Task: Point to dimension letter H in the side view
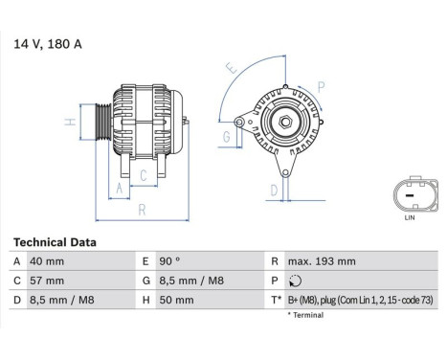[70, 122]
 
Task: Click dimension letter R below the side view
[141, 209]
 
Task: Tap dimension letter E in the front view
[229, 70]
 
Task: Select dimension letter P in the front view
[322, 86]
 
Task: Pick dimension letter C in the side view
[143, 174]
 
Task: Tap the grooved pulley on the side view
[101, 122]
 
